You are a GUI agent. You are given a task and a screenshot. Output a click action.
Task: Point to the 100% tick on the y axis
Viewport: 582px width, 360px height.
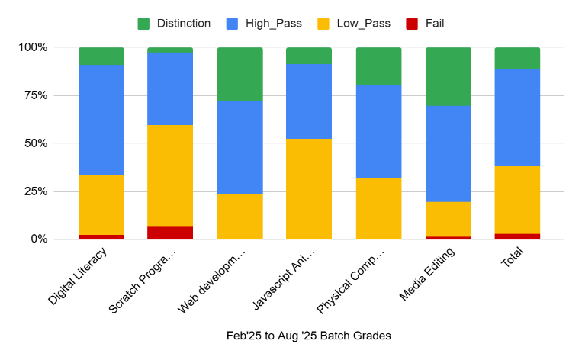tap(33, 47)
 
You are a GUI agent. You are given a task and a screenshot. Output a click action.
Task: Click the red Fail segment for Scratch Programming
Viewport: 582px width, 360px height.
tap(170, 233)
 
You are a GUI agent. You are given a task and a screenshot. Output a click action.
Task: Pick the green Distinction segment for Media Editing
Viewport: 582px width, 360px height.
tap(448, 76)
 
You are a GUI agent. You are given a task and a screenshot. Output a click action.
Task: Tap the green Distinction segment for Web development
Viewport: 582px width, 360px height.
tap(240, 74)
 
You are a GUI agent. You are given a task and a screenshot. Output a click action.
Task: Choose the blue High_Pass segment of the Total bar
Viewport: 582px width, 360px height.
tap(517, 117)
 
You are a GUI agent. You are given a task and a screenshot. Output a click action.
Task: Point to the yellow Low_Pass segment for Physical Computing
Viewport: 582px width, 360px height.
tap(378, 208)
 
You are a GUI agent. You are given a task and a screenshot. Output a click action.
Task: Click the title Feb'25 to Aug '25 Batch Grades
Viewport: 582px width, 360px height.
tap(308, 336)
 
